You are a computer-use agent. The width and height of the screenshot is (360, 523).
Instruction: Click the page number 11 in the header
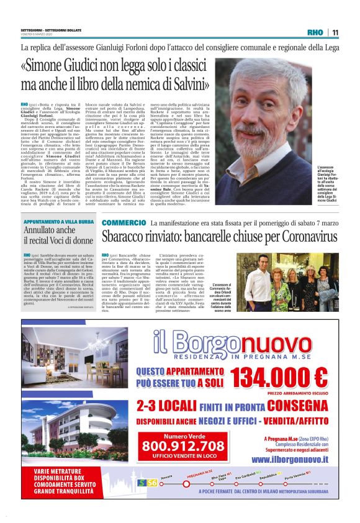point(335,33)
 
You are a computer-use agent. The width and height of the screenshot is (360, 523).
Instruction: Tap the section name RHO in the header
point(315,33)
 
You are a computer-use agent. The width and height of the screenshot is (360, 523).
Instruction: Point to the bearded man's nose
point(253,112)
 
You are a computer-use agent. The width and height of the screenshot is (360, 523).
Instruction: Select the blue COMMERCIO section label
point(124,222)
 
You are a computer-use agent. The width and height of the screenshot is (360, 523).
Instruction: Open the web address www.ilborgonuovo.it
point(290,458)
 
